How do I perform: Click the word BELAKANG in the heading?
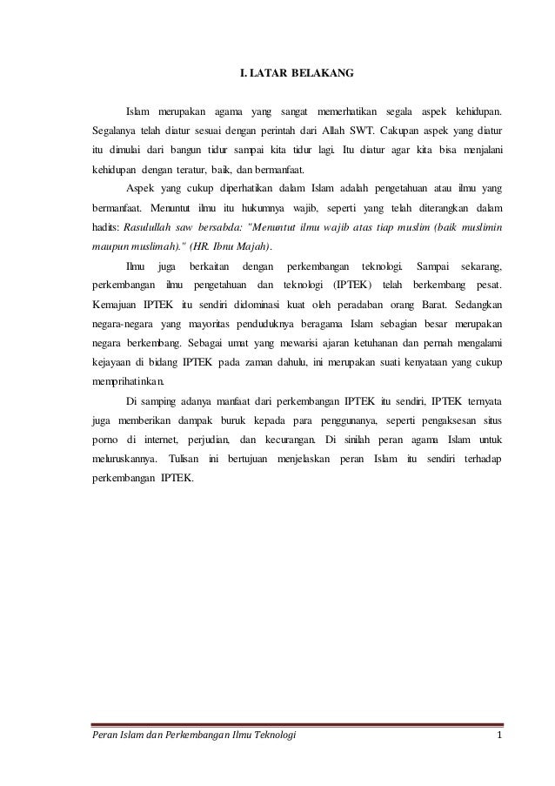point(325,76)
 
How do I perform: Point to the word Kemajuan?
point(117,305)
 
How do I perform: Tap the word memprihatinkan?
point(134,381)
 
